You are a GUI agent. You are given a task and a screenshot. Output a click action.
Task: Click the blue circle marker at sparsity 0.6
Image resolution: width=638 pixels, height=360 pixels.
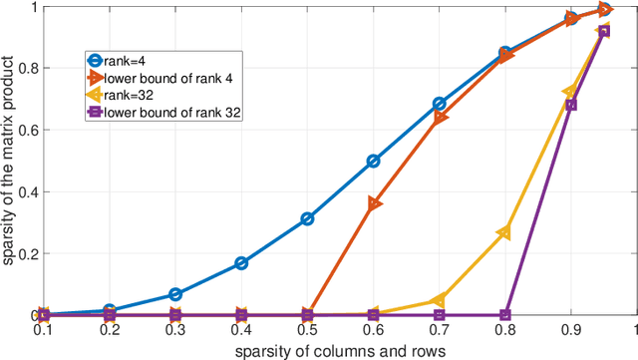(373, 161)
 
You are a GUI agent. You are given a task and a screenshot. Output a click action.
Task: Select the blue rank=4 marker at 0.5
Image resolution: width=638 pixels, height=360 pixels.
(307, 218)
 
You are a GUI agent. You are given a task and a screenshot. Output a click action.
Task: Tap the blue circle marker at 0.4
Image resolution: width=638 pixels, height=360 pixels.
(241, 263)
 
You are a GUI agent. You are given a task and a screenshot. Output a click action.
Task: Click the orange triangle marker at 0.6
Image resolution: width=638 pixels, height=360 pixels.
(374, 203)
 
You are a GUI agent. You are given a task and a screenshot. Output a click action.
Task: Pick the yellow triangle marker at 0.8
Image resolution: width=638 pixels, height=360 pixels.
(503, 232)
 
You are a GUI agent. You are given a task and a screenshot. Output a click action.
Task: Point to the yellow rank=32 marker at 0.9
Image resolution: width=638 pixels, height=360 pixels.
(569, 93)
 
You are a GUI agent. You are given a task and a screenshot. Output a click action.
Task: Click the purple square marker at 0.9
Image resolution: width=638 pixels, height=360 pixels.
(571, 105)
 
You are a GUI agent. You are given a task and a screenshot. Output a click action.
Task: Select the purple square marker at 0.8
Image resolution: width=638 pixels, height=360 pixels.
(504, 315)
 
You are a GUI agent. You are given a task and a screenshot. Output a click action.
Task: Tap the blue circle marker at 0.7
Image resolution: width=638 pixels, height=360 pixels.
(439, 104)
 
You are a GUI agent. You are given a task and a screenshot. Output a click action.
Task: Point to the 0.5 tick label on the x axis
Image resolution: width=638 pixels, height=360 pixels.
(307, 328)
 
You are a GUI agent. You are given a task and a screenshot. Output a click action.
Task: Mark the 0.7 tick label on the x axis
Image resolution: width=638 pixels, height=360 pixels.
(439, 328)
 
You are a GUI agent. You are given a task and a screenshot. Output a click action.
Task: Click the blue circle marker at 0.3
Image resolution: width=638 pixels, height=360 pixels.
(175, 294)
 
